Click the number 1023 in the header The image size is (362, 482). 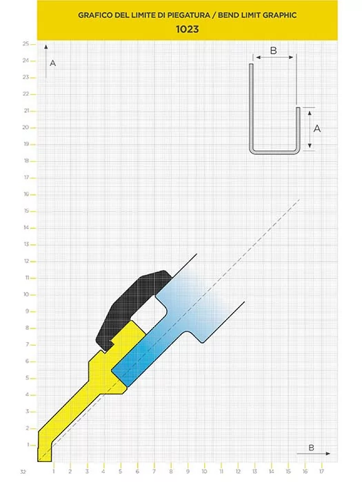coord(187,29)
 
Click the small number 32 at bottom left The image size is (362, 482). coord(23,472)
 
